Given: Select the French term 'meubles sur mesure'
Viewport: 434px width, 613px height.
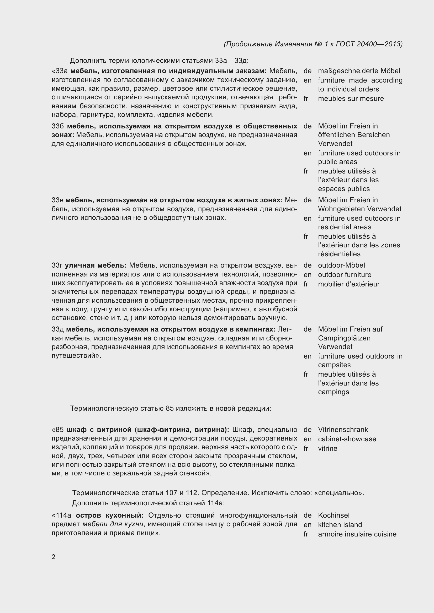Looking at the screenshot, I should pyautogui.click(x=351, y=99).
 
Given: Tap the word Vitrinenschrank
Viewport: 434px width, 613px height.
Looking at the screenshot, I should pyautogui.click(x=343, y=430).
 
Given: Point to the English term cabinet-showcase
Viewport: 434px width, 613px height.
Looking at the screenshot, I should pyautogui.click(x=347, y=439).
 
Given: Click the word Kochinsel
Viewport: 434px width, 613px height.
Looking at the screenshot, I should pyautogui.click(x=334, y=515).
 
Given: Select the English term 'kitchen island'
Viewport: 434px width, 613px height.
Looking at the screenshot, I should pyautogui.click(x=340, y=525).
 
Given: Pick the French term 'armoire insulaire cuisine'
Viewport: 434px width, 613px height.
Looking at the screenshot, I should pyautogui.click(x=357, y=534).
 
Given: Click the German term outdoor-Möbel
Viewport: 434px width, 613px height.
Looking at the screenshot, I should pyautogui.click(x=341, y=265).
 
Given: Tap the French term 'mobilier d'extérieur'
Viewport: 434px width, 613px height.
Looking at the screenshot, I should pyautogui.click(x=348, y=284).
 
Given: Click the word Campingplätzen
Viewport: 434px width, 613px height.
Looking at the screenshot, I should pyautogui.click(x=344, y=338).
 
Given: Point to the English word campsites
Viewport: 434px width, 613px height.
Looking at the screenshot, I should pyautogui.click(x=334, y=365).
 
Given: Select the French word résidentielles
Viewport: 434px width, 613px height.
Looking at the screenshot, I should pyautogui.click(x=339, y=254).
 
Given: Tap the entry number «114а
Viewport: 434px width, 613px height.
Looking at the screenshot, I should pyautogui.click(x=61, y=515).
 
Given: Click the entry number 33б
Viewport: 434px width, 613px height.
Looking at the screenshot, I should pyautogui.click(x=57, y=126).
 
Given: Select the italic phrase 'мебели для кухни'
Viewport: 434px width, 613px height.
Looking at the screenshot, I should pyautogui.click(x=113, y=524).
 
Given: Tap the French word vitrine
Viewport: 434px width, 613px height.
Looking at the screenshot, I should pyautogui.click(x=327, y=448).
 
